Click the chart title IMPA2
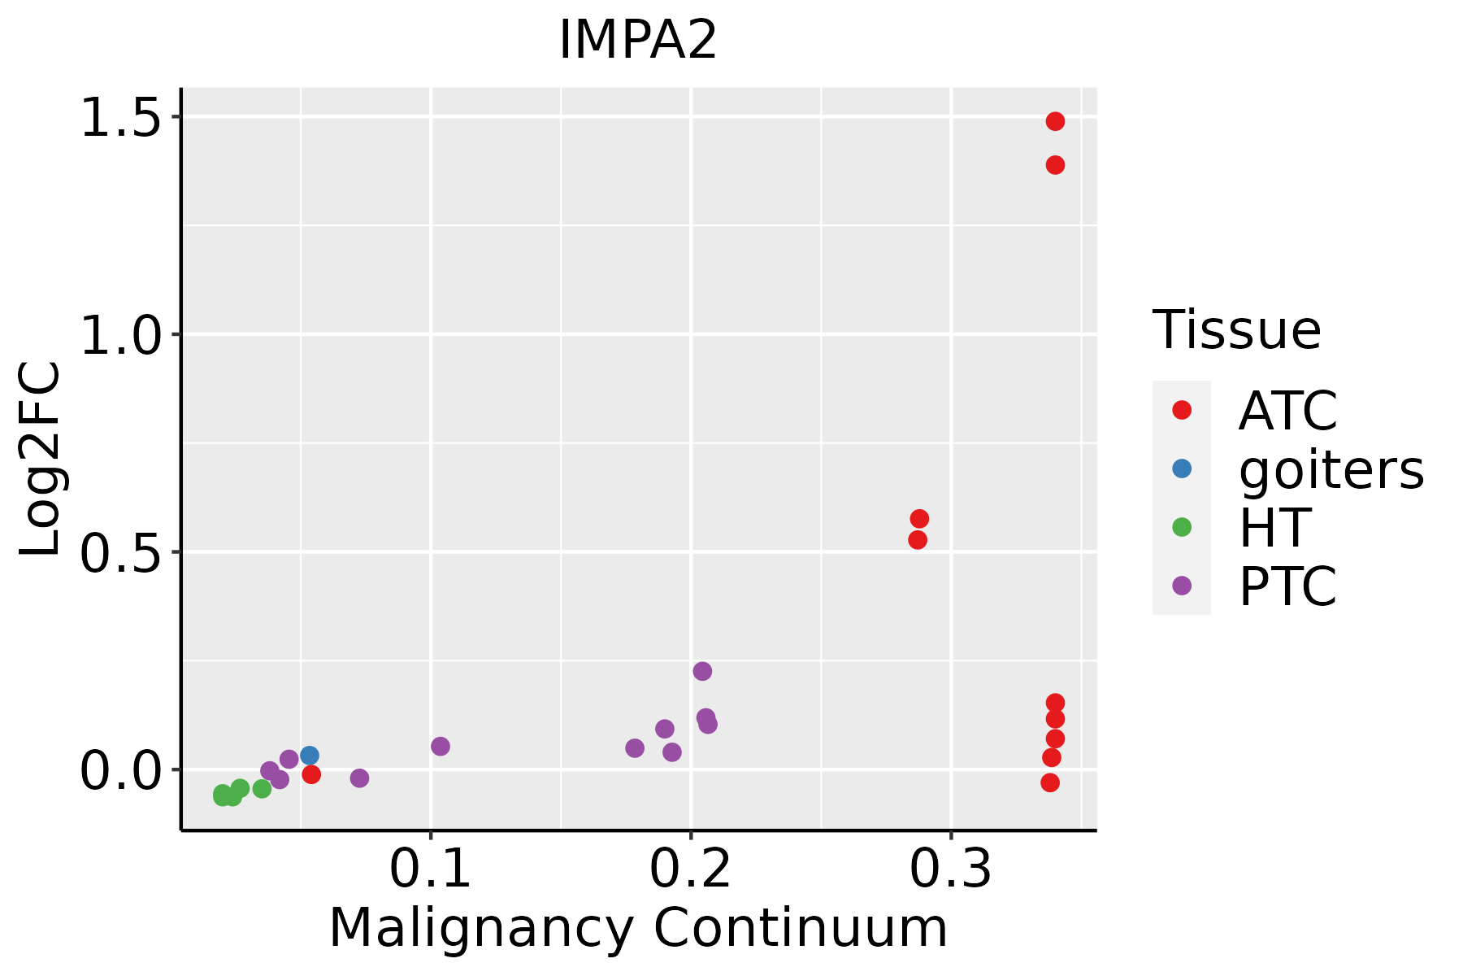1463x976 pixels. tap(638, 41)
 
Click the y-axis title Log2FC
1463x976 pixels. tap(41, 460)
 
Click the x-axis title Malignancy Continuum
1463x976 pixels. tap(638, 929)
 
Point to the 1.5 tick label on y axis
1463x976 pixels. tap(120, 117)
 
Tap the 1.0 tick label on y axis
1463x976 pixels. tap(120, 334)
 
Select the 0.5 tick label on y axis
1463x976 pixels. tap(120, 552)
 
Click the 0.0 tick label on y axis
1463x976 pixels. tap(120, 769)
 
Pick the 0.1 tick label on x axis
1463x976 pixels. tap(431, 869)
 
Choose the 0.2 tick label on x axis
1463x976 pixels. tap(691, 869)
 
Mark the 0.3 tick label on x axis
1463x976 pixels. tap(951, 869)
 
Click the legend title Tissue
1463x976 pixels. tap(1237, 330)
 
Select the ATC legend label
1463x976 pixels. tap(1287, 411)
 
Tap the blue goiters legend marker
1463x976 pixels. tap(1182, 468)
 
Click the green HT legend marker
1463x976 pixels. tap(1182, 527)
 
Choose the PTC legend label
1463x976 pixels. tap(1287, 586)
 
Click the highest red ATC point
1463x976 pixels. tap(1055, 121)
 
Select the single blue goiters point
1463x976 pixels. tap(310, 756)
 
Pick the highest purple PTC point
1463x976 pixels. tap(702, 671)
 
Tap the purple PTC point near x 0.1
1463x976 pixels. tap(441, 746)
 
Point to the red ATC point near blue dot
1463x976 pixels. tap(311, 774)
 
